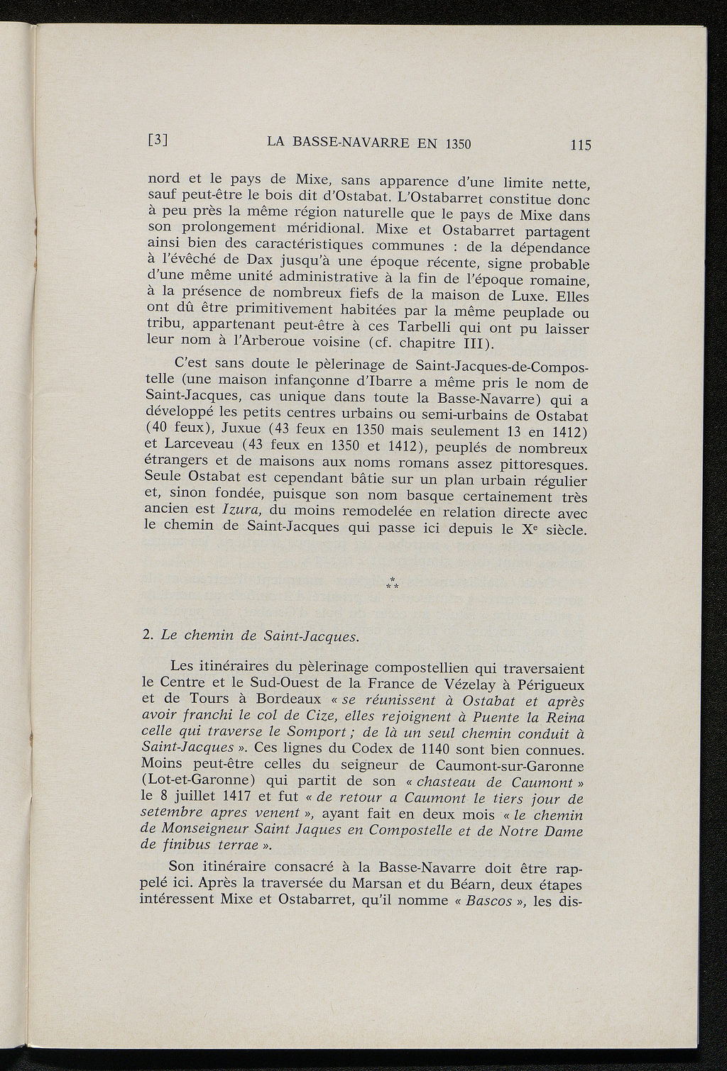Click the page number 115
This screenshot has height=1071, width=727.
(580, 145)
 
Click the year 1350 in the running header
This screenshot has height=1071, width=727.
(457, 143)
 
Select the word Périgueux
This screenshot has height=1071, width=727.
(551, 686)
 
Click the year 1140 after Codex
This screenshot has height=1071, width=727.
(439, 749)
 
